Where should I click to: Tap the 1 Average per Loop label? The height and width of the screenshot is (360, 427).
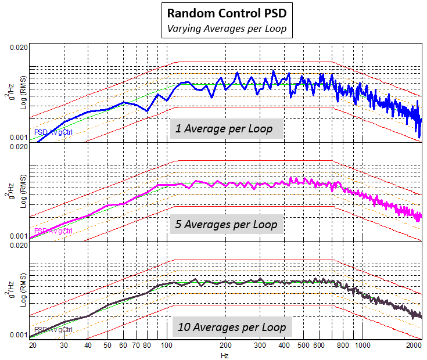(224, 129)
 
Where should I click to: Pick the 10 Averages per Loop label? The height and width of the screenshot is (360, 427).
(231, 327)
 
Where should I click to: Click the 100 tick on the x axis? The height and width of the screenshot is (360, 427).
(167, 345)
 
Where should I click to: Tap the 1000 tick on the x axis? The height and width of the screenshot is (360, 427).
(363, 345)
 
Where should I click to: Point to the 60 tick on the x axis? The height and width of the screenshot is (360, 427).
(124, 345)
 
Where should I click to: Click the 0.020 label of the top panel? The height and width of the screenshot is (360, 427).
(19, 46)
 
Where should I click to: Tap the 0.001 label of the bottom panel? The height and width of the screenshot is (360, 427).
(19, 335)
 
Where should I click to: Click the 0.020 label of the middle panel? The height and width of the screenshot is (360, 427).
(19, 146)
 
